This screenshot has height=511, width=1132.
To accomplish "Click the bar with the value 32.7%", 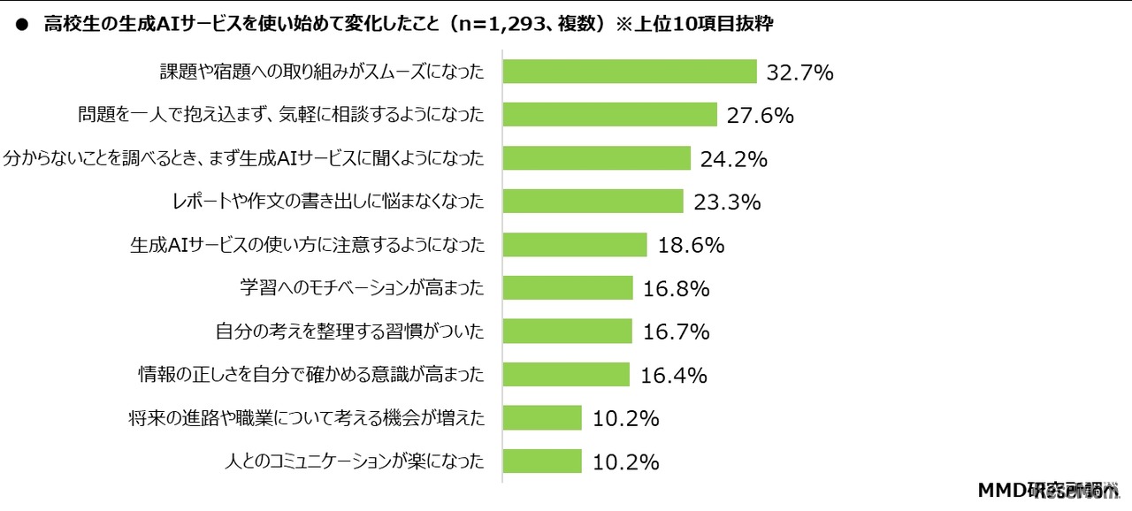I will pos(629,72).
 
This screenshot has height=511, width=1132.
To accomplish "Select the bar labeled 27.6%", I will pos(609,115).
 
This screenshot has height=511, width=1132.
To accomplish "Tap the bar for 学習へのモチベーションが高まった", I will pos(568,288).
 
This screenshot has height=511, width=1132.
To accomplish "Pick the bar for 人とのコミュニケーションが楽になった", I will pos(541,461).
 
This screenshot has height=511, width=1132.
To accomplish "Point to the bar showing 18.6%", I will pos(575,245).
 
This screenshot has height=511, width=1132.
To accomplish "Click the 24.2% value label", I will pos(733,159).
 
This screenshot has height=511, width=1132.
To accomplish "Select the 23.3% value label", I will pos(727,202).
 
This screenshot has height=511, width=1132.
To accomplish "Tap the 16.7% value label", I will pos(677,332).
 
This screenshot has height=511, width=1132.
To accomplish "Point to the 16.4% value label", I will pos(674,376).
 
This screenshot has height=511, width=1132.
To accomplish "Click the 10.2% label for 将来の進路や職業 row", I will pos(625,419).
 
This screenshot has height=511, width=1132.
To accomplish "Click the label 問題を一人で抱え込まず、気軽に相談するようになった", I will pos(281,115).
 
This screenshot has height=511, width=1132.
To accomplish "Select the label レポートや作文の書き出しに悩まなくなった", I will pos(329,202).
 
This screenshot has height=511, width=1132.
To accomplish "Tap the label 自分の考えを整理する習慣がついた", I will pos(350,332).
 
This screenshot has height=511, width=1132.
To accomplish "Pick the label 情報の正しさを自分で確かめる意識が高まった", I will pos(311,376).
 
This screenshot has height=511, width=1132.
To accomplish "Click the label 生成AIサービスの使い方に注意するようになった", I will pos(308,245).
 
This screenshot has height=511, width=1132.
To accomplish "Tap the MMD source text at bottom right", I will pos(1048,491).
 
